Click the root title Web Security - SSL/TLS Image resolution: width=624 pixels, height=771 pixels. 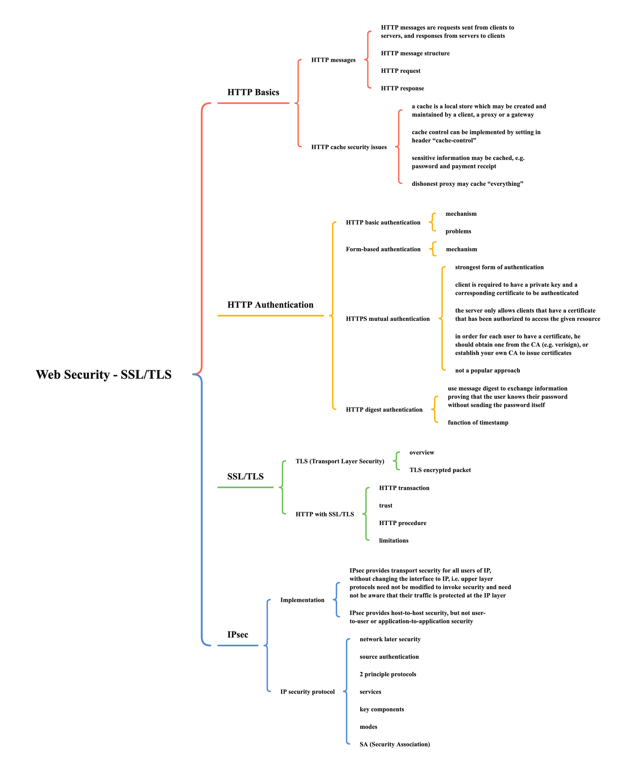104,375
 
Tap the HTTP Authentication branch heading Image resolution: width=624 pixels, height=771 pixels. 270,305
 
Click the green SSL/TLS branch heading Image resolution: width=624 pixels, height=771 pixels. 245,476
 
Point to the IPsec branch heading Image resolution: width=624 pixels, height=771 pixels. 238,635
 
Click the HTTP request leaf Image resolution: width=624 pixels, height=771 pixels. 400,71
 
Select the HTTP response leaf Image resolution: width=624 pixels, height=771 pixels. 402,88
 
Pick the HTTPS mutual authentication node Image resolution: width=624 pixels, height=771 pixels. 388,319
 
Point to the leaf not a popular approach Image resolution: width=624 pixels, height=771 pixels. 487,371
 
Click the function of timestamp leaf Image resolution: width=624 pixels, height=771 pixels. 478,423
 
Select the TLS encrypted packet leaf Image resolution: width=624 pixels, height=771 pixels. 440,470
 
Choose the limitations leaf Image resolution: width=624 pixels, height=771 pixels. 394,541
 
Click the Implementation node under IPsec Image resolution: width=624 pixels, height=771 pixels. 302,600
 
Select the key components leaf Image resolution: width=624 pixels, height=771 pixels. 382,709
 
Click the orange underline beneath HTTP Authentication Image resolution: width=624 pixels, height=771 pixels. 270,316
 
